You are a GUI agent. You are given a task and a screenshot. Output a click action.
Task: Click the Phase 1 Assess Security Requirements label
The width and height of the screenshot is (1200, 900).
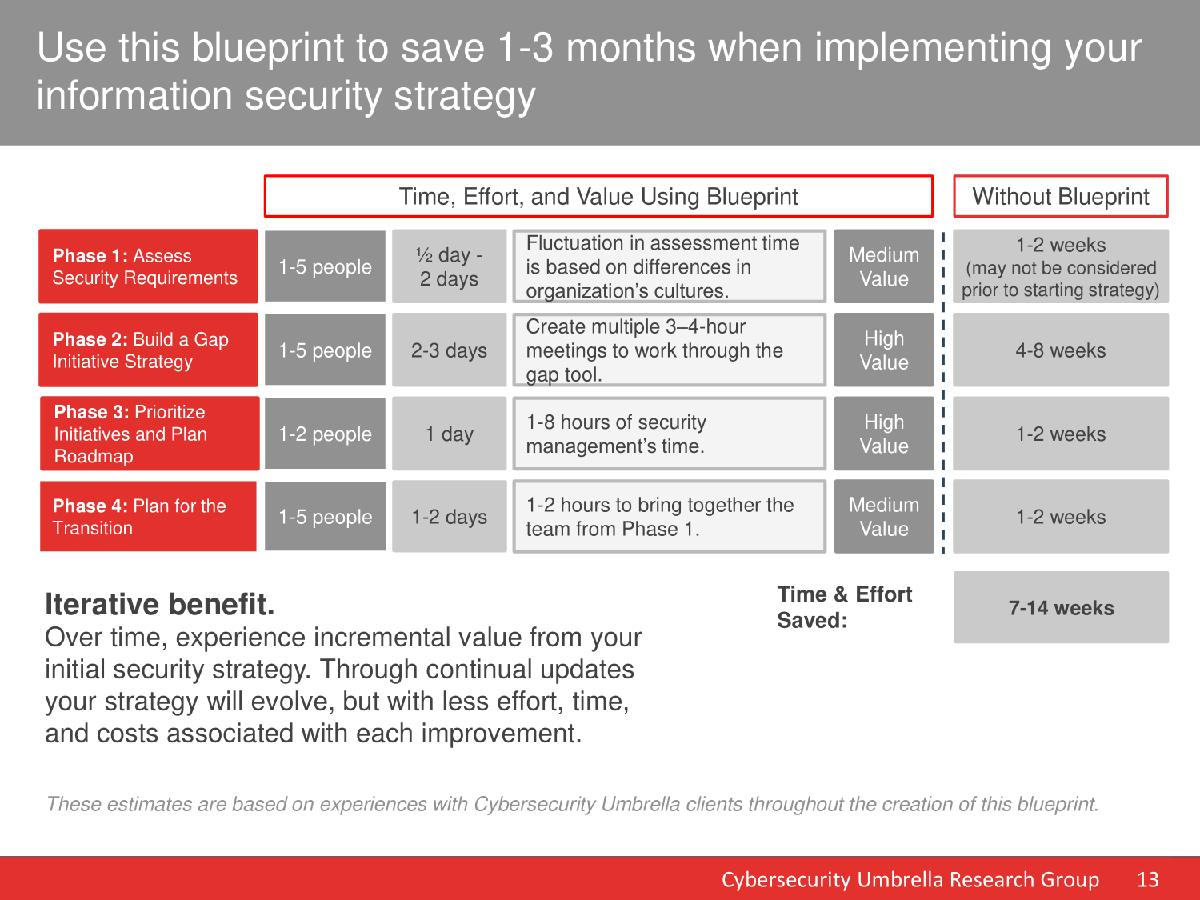click(148, 266)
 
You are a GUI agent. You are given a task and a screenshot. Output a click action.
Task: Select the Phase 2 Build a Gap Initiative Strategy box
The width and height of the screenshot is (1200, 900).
click(148, 350)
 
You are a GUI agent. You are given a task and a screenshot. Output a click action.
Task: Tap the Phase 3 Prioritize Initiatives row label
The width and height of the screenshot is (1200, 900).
click(150, 434)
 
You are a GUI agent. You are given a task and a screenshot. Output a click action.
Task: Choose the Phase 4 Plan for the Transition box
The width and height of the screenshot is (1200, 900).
click(148, 516)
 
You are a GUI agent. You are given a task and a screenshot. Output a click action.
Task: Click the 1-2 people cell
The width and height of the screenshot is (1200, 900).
click(326, 434)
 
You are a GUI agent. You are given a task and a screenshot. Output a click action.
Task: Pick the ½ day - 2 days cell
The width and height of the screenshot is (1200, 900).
click(450, 266)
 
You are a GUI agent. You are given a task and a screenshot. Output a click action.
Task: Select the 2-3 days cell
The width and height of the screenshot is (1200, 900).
click(450, 350)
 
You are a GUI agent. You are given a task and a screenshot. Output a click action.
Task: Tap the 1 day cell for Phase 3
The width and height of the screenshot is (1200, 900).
click(450, 434)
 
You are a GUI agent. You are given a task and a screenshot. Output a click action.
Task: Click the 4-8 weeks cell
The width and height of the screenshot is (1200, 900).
click(1061, 350)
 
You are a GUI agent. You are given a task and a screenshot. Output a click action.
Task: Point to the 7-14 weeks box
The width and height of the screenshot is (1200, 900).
click(1061, 607)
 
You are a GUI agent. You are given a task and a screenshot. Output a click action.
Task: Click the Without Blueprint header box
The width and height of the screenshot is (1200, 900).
click(1061, 196)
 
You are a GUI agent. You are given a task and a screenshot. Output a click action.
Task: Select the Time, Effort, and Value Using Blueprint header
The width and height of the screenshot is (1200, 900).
click(598, 196)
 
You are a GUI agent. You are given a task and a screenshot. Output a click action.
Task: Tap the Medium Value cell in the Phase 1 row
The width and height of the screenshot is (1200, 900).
click(884, 266)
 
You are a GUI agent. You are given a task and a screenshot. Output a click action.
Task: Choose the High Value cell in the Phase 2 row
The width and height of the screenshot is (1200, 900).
click(884, 350)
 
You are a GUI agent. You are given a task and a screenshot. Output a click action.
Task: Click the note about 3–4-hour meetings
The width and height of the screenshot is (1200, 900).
click(669, 350)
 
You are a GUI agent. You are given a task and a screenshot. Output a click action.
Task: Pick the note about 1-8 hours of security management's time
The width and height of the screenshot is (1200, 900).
click(669, 434)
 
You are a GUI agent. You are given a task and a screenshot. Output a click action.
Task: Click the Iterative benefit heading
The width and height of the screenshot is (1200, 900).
click(160, 604)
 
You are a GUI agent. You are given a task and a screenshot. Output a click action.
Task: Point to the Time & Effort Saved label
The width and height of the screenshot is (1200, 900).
click(845, 607)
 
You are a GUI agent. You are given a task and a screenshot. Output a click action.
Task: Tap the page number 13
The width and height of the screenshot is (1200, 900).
click(1147, 879)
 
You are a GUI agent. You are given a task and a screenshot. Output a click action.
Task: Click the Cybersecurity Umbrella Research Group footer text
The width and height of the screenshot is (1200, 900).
click(910, 879)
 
